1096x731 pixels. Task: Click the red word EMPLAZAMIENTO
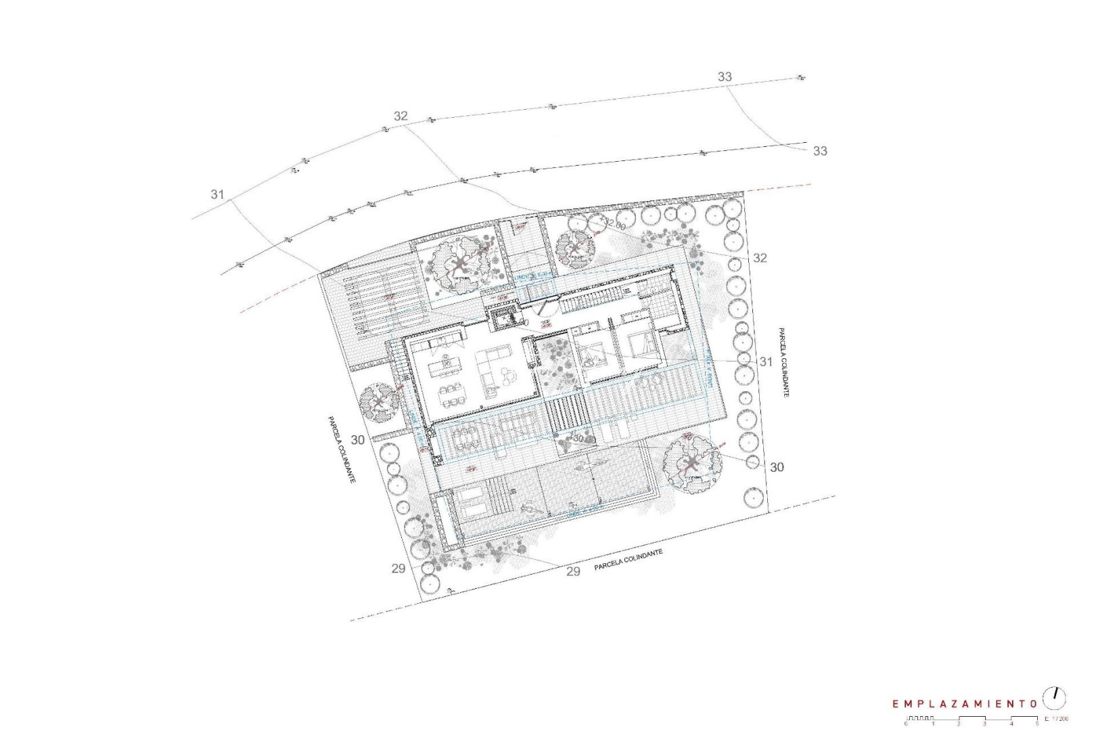pyautogui.click(x=965, y=704)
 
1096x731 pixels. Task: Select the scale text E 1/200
pyautogui.click(x=1056, y=718)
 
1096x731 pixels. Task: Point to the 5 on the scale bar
pyautogui.click(x=1036, y=724)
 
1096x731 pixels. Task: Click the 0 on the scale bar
pyautogui.click(x=905, y=724)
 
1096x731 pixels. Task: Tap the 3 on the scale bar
pyautogui.click(x=984, y=724)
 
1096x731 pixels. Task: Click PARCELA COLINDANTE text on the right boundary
pyautogui.click(x=783, y=363)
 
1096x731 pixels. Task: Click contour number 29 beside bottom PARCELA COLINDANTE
pyautogui.click(x=573, y=571)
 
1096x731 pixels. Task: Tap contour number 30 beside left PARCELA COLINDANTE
pyautogui.click(x=358, y=440)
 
